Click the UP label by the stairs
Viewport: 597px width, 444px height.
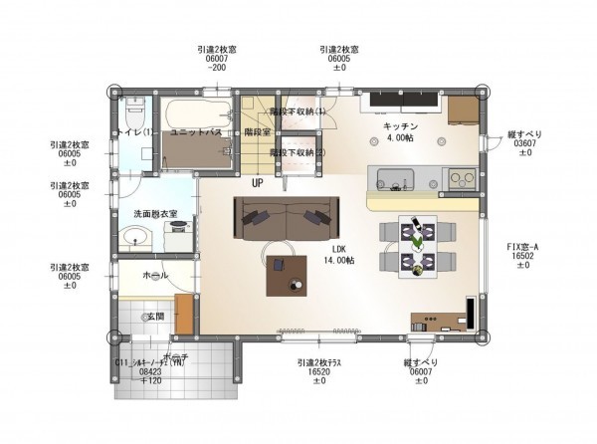click(258, 184)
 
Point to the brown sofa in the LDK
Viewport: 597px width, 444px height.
click(287, 217)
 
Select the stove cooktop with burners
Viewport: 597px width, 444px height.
click(462, 179)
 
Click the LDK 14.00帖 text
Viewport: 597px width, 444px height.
click(335, 254)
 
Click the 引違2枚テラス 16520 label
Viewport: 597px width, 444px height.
click(319, 374)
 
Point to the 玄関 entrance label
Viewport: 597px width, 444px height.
click(154, 316)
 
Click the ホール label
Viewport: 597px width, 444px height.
click(154, 274)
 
